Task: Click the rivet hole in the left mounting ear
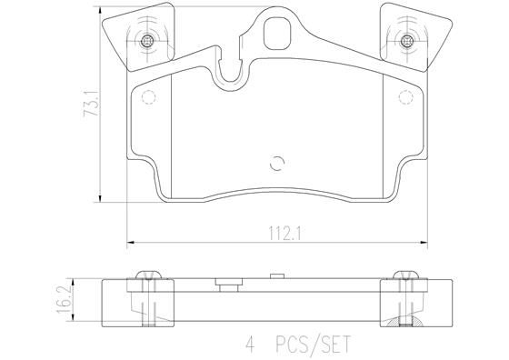coord(148,40)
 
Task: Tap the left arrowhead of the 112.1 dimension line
coord(129,241)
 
